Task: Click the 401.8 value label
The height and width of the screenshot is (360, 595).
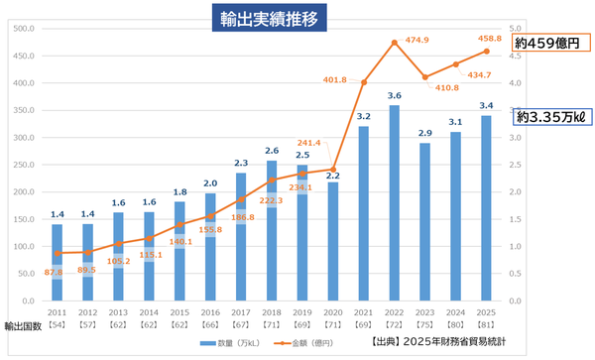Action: tap(333, 79)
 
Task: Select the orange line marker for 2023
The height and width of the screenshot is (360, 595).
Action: tap(425, 77)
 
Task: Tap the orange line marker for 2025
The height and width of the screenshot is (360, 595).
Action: tap(487, 52)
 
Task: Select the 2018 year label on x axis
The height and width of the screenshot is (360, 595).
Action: tap(272, 311)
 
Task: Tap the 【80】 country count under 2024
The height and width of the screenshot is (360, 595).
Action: tap(456, 325)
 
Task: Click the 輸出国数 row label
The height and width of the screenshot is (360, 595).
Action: tap(22, 325)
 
